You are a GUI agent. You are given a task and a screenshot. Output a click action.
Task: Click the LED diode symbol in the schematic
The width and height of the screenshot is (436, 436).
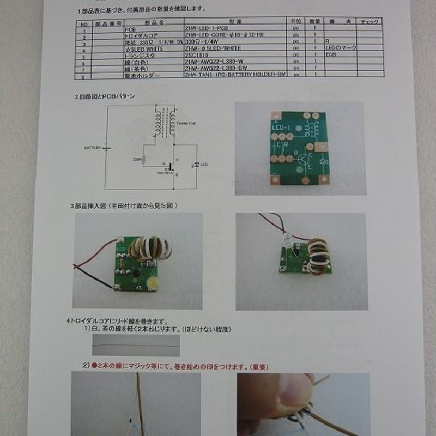pyautogui.click(x=195, y=165)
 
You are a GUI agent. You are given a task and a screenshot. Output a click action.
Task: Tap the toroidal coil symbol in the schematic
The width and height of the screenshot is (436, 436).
pyautogui.click(x=164, y=123)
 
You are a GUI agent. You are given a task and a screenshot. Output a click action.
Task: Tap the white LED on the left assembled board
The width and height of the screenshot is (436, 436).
pyautogui.click(x=150, y=282)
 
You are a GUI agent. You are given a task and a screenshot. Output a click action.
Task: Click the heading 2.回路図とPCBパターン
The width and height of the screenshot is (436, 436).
pyautogui.click(x=105, y=96)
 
